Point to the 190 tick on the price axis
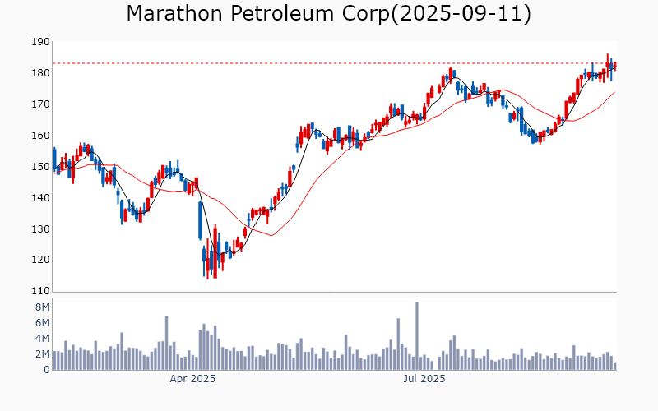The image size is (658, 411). pyautogui.click(x=39, y=42)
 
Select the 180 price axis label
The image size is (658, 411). pyautogui.click(x=39, y=73)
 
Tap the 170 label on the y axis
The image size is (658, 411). pyautogui.click(x=39, y=104)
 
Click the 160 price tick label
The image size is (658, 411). pyautogui.click(x=39, y=136)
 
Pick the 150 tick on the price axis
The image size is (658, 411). pyautogui.click(x=39, y=167)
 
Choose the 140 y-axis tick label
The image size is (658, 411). pyautogui.click(x=39, y=198)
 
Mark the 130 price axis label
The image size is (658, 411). pyautogui.click(x=39, y=229)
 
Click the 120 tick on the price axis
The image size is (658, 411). pyautogui.click(x=39, y=261)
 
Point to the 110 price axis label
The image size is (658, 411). pyautogui.click(x=39, y=291)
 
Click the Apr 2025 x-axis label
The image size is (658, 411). pyautogui.click(x=192, y=379)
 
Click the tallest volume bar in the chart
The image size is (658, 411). pyautogui.click(x=417, y=336)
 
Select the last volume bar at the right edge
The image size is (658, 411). pyautogui.click(x=614, y=366)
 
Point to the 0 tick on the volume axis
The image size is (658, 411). pyautogui.click(x=46, y=370)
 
